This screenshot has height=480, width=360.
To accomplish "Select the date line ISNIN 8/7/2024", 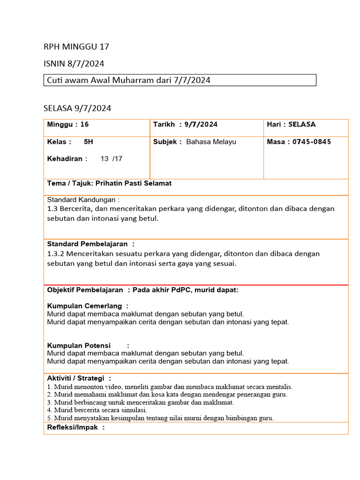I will (x=74, y=63).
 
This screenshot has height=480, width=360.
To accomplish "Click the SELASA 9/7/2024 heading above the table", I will (x=77, y=108).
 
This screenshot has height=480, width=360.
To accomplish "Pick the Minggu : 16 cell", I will (x=68, y=125).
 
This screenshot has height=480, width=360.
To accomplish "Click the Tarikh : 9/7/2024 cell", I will (x=185, y=125).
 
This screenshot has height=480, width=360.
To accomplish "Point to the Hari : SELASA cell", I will (x=291, y=125).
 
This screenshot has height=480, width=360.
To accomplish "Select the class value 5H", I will (x=88, y=142).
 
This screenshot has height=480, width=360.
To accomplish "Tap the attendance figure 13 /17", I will (x=111, y=158).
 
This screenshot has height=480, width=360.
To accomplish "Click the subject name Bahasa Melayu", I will (x=211, y=142).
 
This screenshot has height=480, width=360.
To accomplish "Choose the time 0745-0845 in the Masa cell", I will (x=312, y=142).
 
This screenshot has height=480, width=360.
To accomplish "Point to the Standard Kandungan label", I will (x=83, y=200).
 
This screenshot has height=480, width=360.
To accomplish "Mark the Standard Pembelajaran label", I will (x=87, y=244).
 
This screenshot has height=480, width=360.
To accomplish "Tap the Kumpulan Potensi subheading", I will (x=79, y=345).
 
